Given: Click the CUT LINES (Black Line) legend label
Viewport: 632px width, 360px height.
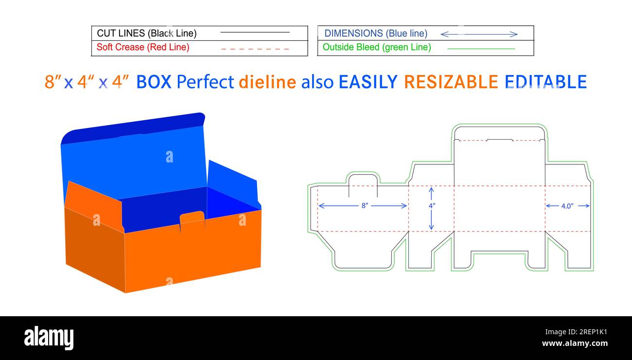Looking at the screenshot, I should pyautogui.click(x=146, y=34).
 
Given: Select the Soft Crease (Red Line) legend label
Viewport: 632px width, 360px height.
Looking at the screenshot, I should pyautogui.click(x=143, y=47).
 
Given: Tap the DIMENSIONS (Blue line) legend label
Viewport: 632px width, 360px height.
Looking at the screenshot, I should pyautogui.click(x=376, y=34).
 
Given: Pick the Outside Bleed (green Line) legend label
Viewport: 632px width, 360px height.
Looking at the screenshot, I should pyautogui.click(x=377, y=47).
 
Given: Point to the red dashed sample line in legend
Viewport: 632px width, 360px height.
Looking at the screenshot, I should pyautogui.click(x=255, y=49).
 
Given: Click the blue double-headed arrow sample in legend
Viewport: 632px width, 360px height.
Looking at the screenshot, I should pyautogui.click(x=479, y=34).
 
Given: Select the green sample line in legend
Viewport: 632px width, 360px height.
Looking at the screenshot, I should pyautogui.click(x=481, y=49).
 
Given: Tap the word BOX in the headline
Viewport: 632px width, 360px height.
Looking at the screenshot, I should pyautogui.click(x=154, y=82).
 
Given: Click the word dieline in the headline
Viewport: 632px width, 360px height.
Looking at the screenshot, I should pyautogui.click(x=267, y=82).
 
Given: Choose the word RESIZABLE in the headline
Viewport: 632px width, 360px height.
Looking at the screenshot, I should pyautogui.click(x=451, y=82).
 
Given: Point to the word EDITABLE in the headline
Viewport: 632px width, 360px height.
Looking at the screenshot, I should pyautogui.click(x=545, y=82).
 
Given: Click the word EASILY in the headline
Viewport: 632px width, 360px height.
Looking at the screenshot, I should pyautogui.click(x=368, y=82).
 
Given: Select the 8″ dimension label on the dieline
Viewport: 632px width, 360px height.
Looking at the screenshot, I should pyautogui.click(x=365, y=206).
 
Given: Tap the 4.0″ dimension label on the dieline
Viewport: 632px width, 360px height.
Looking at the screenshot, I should pyautogui.click(x=567, y=206).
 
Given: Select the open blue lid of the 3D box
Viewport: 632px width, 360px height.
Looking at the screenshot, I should pyautogui.click(x=134, y=156).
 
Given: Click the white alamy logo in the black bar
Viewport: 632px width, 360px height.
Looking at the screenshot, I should pyautogui.click(x=49, y=338).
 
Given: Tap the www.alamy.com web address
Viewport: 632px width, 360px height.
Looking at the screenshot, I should pyautogui.click(x=575, y=343).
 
